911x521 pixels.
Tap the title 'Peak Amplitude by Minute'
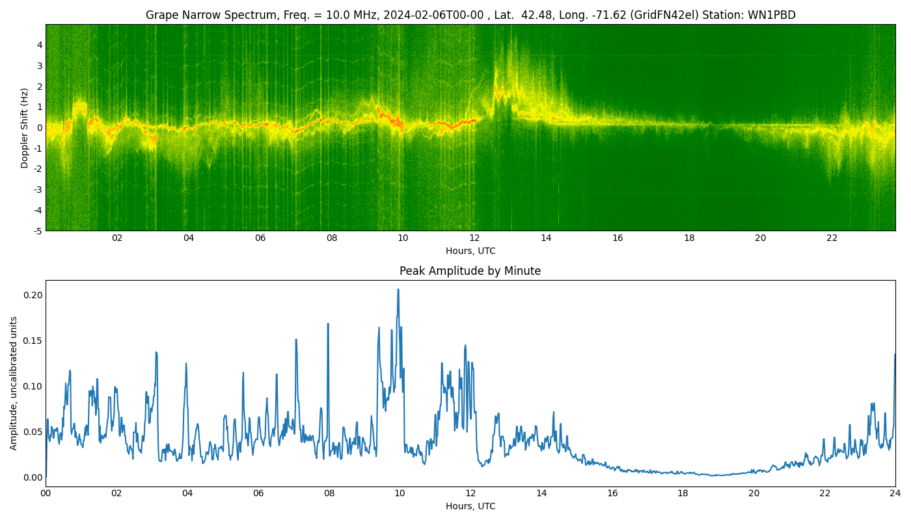point(470,271)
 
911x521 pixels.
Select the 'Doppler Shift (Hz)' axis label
point(25,128)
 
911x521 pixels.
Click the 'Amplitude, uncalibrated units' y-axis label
point(14,383)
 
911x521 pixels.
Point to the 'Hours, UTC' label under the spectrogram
point(470,251)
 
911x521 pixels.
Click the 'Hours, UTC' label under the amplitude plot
point(470,506)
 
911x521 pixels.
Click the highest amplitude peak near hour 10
point(398,290)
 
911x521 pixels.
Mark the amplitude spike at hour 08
point(328,324)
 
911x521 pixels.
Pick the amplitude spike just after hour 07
point(296,339)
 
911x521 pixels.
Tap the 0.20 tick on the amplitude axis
point(32,295)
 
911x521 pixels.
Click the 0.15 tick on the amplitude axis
point(32,341)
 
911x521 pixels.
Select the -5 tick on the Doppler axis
point(38,231)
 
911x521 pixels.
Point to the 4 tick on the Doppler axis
point(40,45)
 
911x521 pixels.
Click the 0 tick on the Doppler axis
point(40,128)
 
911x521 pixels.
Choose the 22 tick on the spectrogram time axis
point(832,238)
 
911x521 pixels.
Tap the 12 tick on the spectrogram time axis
point(474,238)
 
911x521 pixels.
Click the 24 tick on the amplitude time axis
point(895,494)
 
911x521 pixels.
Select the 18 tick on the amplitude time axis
point(683,494)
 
